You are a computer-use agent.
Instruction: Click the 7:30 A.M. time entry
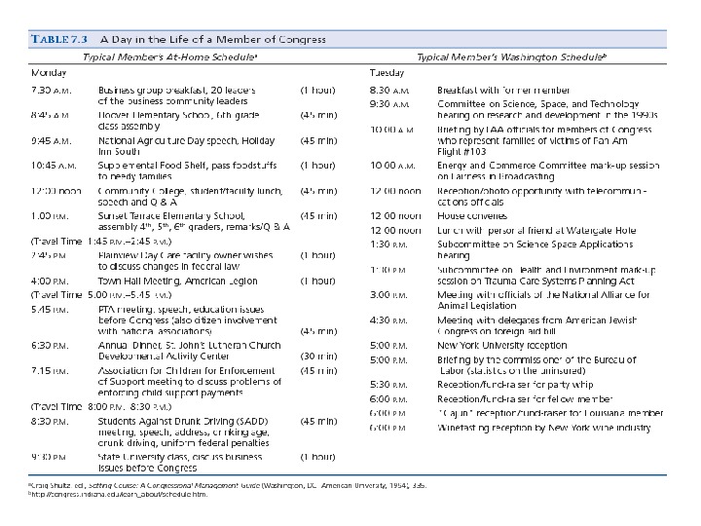52,91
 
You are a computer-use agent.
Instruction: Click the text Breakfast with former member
502,91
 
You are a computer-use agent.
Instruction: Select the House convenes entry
473,216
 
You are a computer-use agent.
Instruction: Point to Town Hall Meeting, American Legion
163,281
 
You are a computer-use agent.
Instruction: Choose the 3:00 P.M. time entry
387,293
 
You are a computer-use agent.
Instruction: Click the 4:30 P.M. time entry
387,319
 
